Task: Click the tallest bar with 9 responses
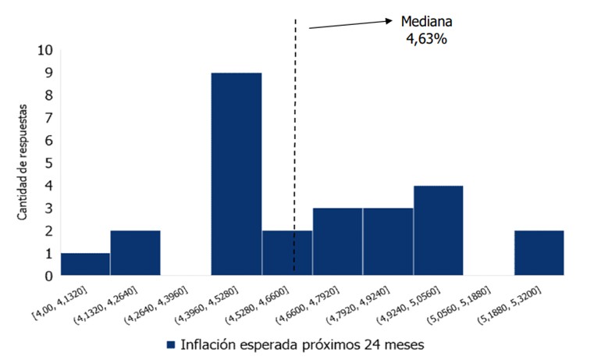(x=236, y=173)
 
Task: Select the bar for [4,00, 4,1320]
(x=85, y=264)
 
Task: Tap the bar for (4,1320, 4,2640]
(x=135, y=253)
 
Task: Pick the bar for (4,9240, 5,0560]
(x=438, y=230)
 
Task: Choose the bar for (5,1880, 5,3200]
(x=539, y=253)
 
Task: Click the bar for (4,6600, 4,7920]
(x=337, y=241)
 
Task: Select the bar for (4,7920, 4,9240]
(x=388, y=241)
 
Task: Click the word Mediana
(x=426, y=22)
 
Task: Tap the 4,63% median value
(x=426, y=39)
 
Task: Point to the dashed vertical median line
(x=295, y=117)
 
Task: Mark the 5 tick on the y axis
(x=48, y=163)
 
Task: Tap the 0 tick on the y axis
(x=48, y=276)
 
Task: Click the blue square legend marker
(x=171, y=344)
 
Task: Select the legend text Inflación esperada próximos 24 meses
(x=301, y=344)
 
